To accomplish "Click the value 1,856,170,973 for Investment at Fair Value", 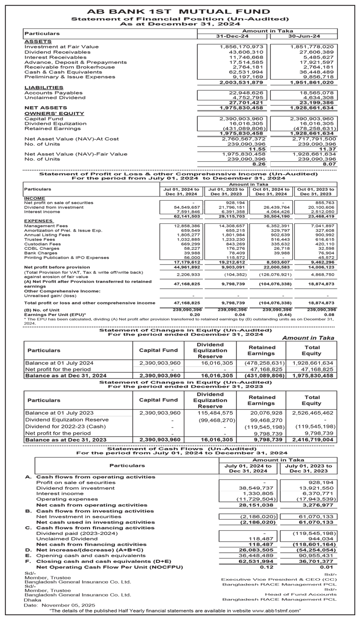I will (x=245, y=47).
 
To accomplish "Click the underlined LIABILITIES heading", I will (x=44, y=87).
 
